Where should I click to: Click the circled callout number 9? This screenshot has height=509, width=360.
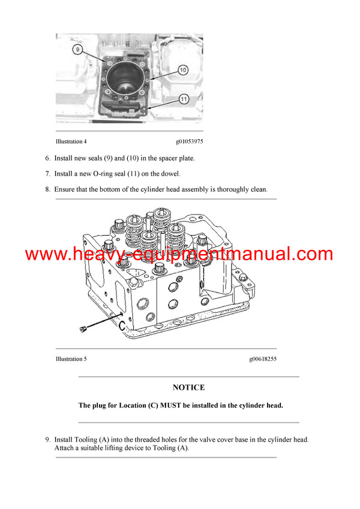coord(76,49)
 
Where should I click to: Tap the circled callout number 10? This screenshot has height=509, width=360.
coord(183,70)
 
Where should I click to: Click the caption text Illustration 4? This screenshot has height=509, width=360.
coord(71,142)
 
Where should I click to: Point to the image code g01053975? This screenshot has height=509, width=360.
coord(189,142)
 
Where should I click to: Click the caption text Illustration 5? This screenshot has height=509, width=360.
coord(71,359)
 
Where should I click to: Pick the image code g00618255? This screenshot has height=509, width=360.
coord(263,359)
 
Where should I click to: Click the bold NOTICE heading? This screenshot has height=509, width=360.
coord(188,387)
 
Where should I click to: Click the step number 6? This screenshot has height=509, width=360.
coord(47,158)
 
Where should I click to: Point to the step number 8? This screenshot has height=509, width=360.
coord(47,189)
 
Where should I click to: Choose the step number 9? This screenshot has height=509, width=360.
coord(47,439)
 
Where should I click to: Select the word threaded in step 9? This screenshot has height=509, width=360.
coord(140,439)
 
